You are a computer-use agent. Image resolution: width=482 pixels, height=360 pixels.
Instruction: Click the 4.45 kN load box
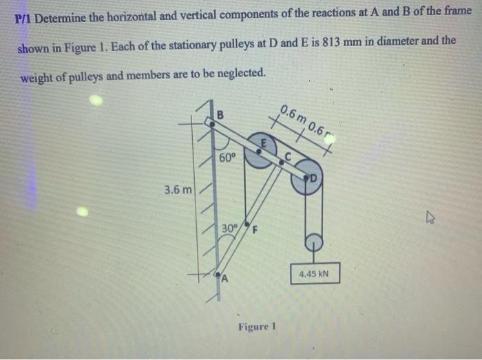(315, 274)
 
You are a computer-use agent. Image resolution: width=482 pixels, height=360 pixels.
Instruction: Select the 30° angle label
(229, 228)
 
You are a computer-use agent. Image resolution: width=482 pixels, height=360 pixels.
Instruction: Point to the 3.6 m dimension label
(178, 188)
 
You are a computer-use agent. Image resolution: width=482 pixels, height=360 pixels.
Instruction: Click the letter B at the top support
(220, 113)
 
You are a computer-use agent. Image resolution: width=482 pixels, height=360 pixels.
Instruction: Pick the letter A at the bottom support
(223, 278)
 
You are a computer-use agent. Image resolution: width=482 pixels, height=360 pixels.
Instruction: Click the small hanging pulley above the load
(313, 242)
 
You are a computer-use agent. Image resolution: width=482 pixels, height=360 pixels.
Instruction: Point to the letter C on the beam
(290, 156)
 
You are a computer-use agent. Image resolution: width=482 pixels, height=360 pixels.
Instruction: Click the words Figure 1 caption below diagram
(256, 326)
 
